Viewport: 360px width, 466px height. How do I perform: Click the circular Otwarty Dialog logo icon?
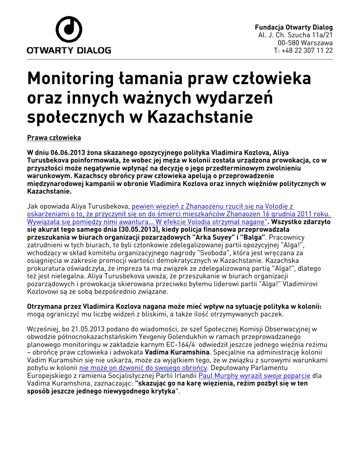(x=69, y=30)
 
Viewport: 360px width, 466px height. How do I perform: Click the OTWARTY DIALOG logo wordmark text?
(x=69, y=51)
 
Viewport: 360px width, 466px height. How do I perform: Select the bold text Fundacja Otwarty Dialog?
(x=294, y=27)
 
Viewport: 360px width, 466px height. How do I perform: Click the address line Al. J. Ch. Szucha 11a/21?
(x=295, y=35)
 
